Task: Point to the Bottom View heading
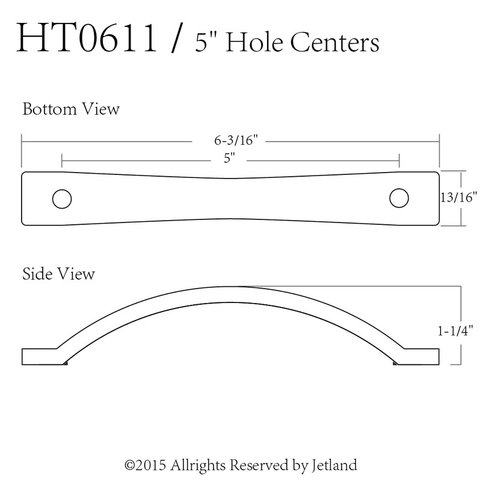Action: pyautogui.click(x=71, y=110)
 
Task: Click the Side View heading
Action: pyautogui.click(x=58, y=274)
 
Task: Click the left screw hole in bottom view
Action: pyautogui.click(x=61, y=198)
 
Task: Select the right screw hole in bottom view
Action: pyautogui.click(x=399, y=198)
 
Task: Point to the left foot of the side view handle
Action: pyautogui.click(x=42, y=356)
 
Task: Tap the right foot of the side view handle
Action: pyautogui.click(x=417, y=356)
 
